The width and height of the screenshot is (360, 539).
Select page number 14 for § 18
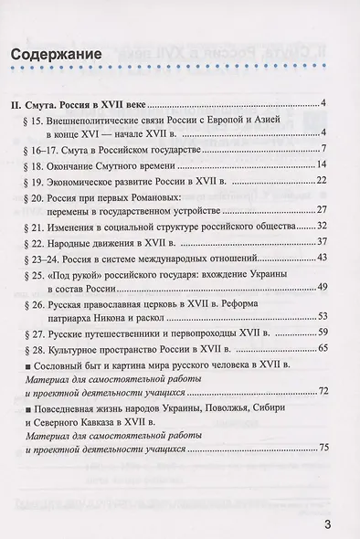coord(321,165)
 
